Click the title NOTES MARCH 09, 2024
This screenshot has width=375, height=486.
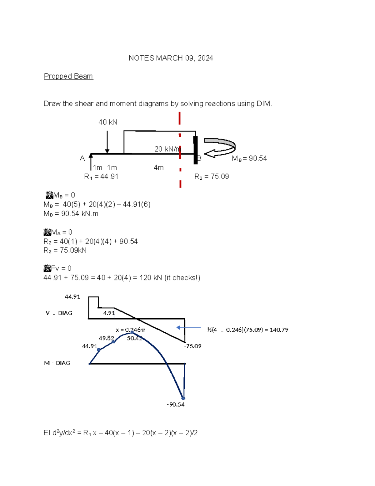point(171,58)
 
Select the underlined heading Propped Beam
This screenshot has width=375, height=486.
point(68,76)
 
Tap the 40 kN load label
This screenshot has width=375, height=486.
point(108,122)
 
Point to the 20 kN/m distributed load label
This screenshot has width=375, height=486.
point(167,149)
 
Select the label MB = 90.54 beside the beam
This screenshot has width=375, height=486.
point(249,159)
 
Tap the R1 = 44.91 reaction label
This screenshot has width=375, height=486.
point(101,177)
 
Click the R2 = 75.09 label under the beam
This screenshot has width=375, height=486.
point(212,177)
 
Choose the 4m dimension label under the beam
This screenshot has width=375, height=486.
point(158,168)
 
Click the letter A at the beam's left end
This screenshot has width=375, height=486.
point(82,159)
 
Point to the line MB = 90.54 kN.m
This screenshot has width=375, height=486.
point(71,214)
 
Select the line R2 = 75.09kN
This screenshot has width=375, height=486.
point(65,250)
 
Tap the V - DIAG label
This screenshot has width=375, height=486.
point(59,313)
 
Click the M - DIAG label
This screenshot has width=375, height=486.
point(57,363)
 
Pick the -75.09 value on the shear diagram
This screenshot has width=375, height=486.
point(192,346)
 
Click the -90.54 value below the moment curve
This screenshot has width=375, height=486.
point(176,405)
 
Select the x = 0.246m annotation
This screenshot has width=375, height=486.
point(130,330)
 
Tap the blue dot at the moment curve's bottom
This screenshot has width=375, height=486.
point(183,398)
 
